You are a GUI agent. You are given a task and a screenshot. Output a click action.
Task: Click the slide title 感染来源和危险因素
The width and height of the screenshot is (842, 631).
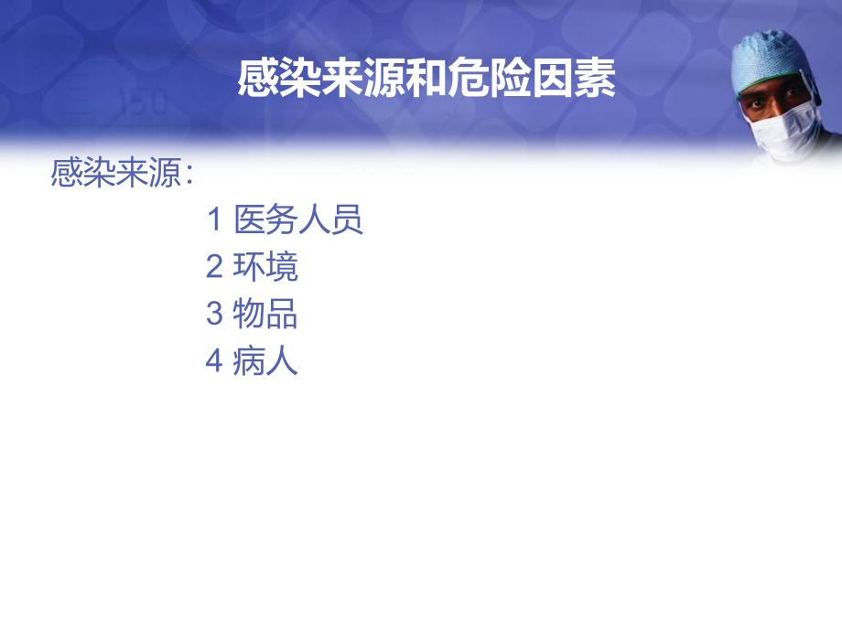426,80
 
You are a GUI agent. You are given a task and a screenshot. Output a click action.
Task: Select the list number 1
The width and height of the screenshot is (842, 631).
215,219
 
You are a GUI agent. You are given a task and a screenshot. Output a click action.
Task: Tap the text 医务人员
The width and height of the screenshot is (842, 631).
298,219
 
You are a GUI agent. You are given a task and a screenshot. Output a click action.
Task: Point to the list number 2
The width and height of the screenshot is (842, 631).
215,267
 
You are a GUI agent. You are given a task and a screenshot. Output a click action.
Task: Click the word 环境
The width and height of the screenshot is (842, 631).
265,267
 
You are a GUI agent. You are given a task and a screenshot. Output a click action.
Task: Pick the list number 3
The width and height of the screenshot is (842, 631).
215,315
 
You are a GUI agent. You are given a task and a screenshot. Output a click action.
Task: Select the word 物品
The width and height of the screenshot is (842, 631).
265,315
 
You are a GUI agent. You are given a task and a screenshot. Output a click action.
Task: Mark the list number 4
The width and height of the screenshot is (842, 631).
215,362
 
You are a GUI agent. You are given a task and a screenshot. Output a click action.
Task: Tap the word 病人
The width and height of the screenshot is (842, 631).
265,362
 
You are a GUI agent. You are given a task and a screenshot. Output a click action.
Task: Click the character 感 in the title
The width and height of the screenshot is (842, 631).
256,80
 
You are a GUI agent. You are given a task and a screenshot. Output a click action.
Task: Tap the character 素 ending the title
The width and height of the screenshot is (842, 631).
597,80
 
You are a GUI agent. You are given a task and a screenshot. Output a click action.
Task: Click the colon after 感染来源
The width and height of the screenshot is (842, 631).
189,175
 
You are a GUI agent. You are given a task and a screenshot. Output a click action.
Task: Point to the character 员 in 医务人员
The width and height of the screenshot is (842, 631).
348,219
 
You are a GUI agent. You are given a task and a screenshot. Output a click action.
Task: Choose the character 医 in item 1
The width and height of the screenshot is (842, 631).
250,219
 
